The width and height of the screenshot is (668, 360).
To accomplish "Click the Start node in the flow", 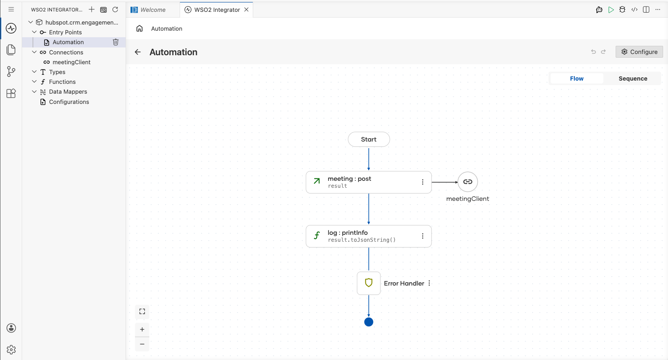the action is [x=369, y=139].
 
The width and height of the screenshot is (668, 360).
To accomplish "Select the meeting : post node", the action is [x=369, y=182].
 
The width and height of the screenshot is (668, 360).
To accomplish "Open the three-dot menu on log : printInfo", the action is [x=423, y=236].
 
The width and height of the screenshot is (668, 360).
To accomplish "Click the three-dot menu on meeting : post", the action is [x=423, y=182].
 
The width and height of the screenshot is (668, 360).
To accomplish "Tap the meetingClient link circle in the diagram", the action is [x=468, y=182].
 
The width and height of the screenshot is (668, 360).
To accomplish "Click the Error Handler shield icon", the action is [x=369, y=283].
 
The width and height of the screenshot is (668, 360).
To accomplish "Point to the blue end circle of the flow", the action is [x=369, y=322].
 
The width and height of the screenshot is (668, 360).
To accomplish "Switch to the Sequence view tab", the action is [x=633, y=79].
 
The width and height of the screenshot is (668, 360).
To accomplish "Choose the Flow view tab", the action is [x=576, y=79].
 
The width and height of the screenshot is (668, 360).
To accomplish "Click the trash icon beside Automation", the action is [x=116, y=42].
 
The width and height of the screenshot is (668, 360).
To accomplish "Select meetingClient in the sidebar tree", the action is [x=71, y=62].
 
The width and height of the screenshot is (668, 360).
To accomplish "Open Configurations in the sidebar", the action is [x=69, y=102].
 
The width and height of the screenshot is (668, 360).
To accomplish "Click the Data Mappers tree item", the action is [x=68, y=92].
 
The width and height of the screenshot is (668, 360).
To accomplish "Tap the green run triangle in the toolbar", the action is [x=611, y=9].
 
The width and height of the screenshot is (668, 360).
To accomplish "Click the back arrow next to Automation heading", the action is [x=137, y=52].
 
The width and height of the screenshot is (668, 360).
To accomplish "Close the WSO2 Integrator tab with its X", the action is [x=246, y=9].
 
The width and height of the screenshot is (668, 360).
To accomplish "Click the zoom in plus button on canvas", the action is [x=142, y=329].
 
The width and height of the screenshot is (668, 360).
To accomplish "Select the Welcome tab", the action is [x=148, y=9].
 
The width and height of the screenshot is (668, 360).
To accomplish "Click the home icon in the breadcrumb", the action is [x=139, y=28].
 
